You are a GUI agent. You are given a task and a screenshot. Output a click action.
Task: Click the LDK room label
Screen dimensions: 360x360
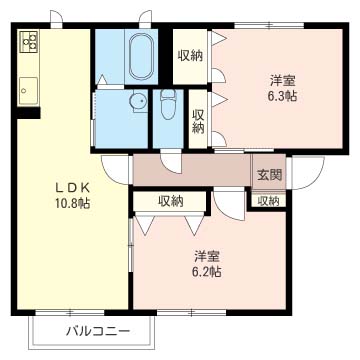pyautogui.click(x=72, y=188)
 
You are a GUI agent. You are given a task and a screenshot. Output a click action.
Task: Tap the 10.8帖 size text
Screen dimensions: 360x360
pyautogui.click(x=72, y=203)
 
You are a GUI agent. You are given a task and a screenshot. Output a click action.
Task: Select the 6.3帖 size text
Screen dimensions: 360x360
pyautogui.click(x=283, y=96)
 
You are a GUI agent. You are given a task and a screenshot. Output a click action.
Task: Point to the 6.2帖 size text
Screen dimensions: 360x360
pyautogui.click(x=207, y=272)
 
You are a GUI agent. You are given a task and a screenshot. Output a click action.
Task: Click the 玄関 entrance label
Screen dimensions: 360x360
pyautogui.click(x=269, y=174)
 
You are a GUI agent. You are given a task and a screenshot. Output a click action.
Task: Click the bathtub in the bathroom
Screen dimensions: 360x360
pyautogui.click(x=141, y=57)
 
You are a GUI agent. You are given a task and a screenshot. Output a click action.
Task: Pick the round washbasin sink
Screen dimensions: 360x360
pyautogui.click(x=138, y=101)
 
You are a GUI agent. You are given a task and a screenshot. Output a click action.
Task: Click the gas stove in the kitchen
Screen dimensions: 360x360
pyautogui.click(x=29, y=41)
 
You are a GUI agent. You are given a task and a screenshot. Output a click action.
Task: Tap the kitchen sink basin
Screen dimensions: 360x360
pyautogui.click(x=28, y=90)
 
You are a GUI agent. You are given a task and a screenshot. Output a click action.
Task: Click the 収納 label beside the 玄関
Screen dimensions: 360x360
pyautogui.click(x=269, y=201)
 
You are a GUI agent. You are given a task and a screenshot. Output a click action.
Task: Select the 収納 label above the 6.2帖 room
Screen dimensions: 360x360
pyautogui.click(x=171, y=201)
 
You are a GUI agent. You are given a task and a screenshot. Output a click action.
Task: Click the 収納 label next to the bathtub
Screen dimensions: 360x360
pyautogui.click(x=190, y=56)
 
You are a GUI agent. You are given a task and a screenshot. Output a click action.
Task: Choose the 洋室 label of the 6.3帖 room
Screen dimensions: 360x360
pyautogui.click(x=283, y=81)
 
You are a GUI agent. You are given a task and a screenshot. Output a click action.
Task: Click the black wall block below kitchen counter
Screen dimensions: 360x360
pyautogui.click(x=28, y=113)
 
